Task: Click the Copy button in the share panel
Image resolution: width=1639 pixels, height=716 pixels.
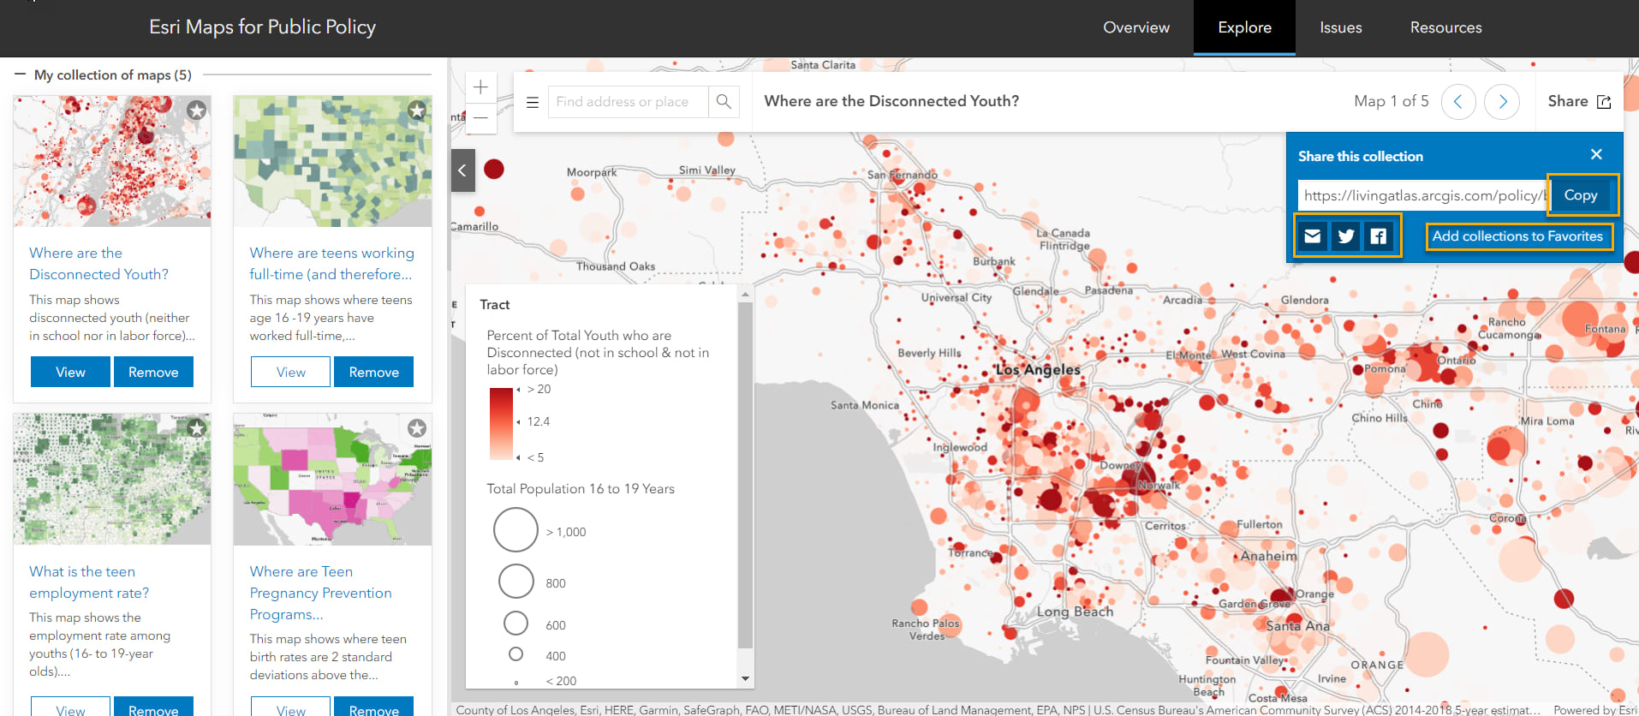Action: (x=1581, y=195)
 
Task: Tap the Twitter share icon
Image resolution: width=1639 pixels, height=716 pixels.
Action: (x=1346, y=236)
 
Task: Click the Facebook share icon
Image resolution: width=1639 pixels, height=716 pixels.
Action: (x=1379, y=236)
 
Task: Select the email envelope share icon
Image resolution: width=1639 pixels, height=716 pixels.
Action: (x=1313, y=236)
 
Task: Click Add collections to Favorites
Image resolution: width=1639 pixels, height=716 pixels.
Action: (x=1517, y=236)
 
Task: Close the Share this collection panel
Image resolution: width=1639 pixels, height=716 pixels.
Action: (x=1596, y=155)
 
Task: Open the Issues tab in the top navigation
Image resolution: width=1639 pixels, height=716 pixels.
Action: (x=1340, y=27)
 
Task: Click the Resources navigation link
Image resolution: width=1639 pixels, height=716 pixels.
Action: (x=1445, y=27)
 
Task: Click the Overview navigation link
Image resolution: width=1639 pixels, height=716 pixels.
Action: (x=1135, y=27)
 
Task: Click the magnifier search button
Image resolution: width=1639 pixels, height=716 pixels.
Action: (x=724, y=102)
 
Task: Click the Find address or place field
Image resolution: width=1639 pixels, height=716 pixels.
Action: (x=627, y=102)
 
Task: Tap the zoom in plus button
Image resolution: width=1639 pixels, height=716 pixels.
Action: (x=480, y=87)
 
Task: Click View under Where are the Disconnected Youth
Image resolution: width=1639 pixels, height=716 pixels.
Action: (x=70, y=372)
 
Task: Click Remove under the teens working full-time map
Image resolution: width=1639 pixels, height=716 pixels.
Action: (x=373, y=372)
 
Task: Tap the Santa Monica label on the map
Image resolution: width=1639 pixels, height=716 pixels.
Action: (x=864, y=405)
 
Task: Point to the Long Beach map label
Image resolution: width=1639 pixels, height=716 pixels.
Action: (x=1075, y=612)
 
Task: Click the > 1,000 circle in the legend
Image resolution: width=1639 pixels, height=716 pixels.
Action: (x=516, y=530)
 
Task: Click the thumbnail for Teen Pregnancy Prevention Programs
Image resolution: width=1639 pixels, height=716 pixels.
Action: (x=332, y=480)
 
